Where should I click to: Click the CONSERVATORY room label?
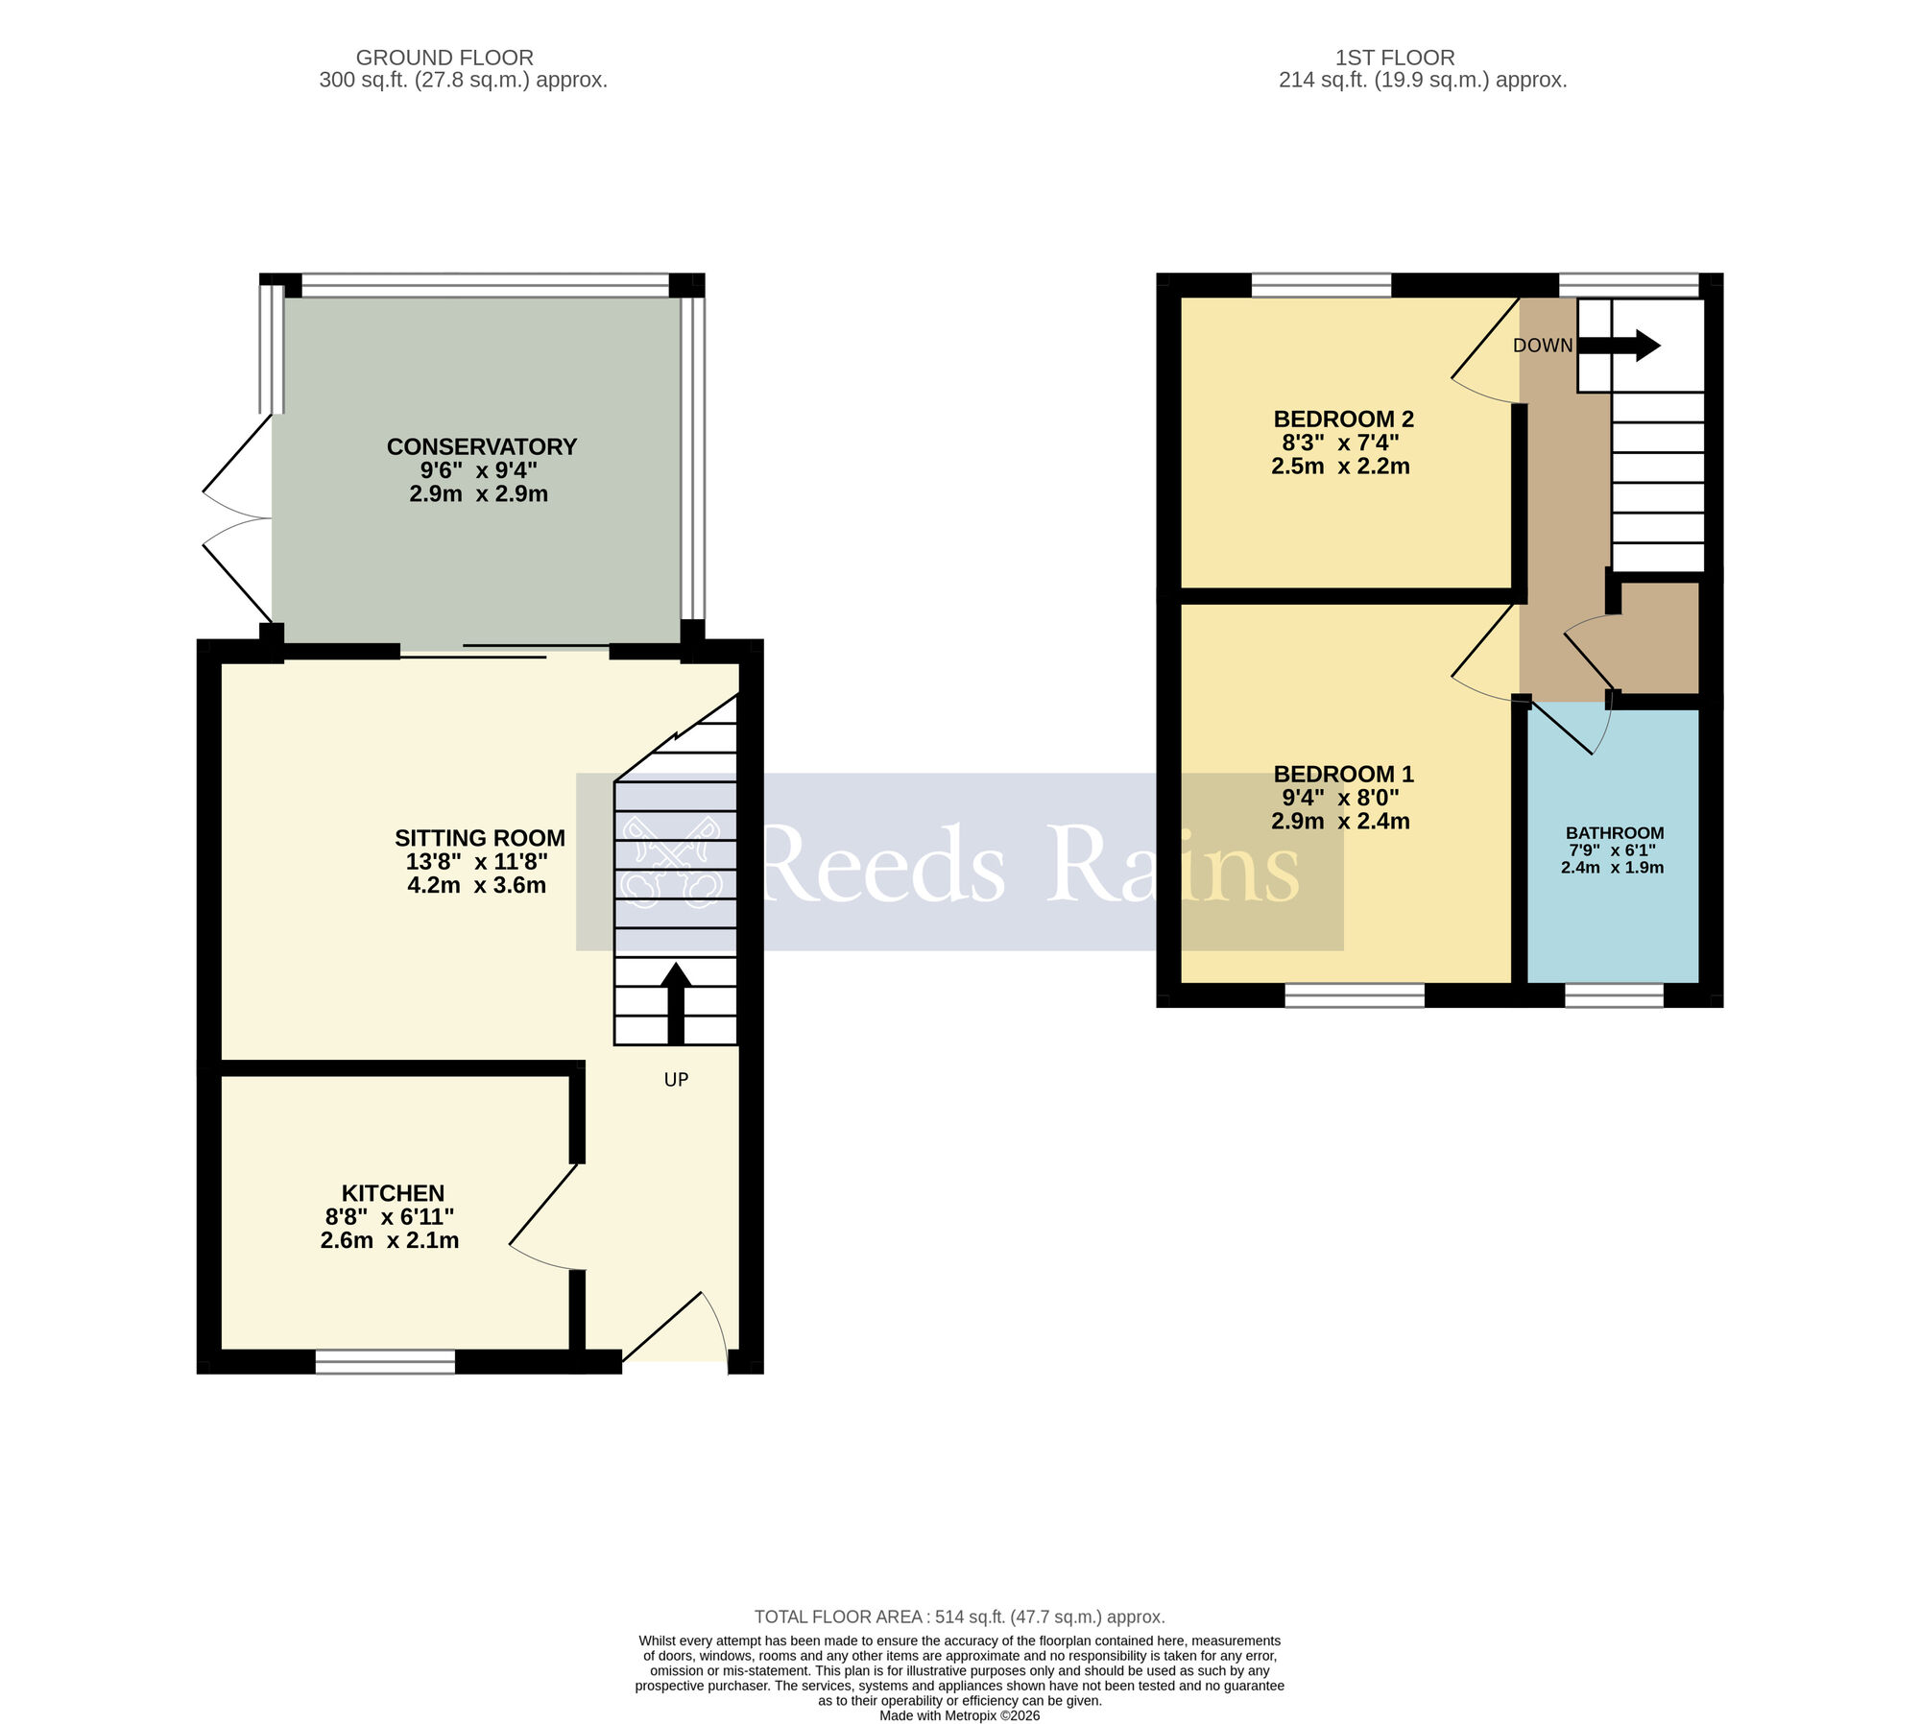coord(481,446)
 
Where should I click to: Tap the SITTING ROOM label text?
coord(479,838)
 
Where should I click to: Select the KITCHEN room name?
coord(393,1193)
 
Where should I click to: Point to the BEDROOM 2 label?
coord(1343,419)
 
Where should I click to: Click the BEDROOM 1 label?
coord(1343,774)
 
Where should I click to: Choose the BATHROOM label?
coord(1614,833)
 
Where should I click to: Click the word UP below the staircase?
coord(676,1080)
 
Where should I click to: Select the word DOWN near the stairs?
coord(1543,346)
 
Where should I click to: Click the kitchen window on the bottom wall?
coord(385,1361)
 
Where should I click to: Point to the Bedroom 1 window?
coord(1354,995)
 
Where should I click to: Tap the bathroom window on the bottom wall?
coord(1614,995)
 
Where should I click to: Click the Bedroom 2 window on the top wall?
coord(1321,284)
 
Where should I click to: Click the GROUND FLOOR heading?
coord(444,58)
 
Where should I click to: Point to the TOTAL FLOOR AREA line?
coord(959,1617)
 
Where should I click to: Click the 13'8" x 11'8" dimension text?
coord(477,862)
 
